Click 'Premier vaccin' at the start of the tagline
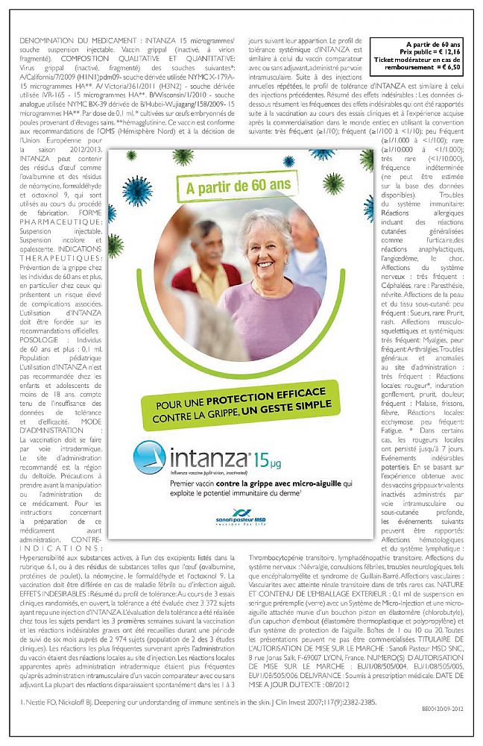[165, 484]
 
